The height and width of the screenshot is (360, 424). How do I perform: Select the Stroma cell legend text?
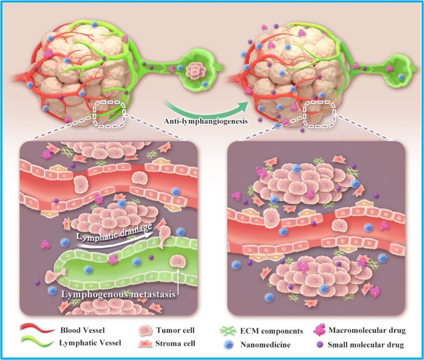tap(175, 344)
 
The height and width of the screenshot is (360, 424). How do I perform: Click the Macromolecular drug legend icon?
tap(319, 331)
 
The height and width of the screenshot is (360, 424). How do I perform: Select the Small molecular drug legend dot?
tap(318, 345)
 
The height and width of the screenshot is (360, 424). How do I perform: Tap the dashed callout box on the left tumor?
tap(109, 113)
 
